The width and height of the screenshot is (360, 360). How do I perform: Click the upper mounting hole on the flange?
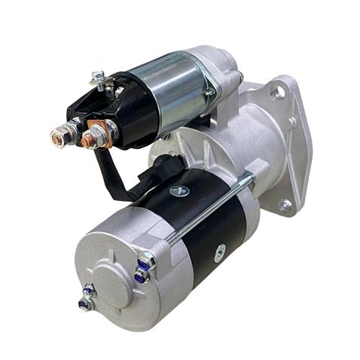[280, 93]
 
